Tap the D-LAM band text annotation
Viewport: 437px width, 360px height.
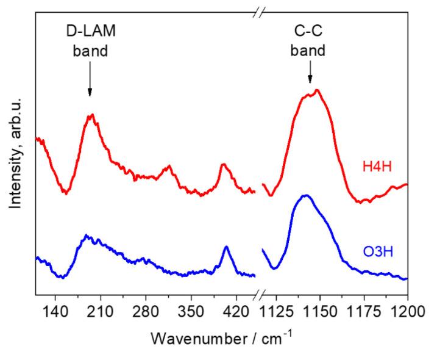90,40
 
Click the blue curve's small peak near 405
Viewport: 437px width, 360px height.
226,247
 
